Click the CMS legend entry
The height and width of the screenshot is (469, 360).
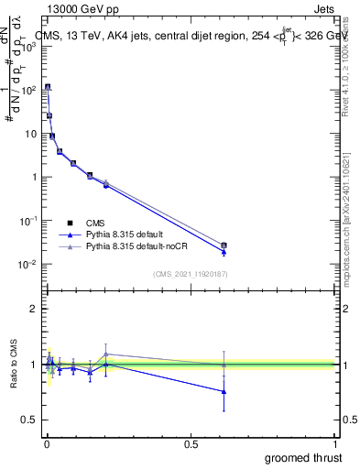click(93, 223)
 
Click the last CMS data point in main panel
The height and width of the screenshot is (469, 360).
click(224, 245)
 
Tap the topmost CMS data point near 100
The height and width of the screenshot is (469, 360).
click(48, 87)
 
